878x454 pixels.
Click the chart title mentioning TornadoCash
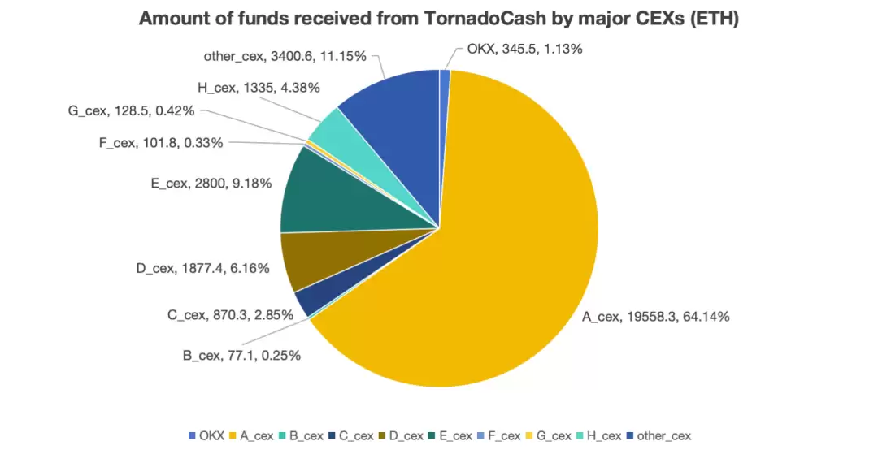click(x=438, y=19)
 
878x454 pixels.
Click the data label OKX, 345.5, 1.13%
click(x=524, y=49)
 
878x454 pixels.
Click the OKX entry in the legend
click(x=206, y=435)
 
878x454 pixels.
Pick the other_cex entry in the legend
click(x=658, y=435)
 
